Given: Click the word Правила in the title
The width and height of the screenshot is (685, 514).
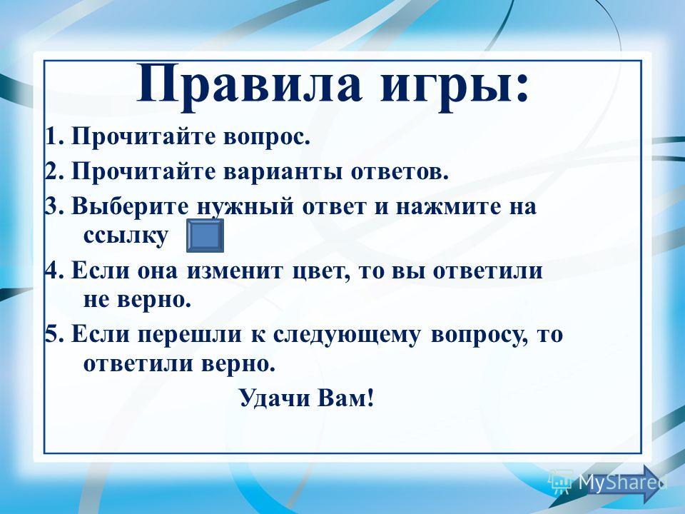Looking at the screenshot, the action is click(249, 85).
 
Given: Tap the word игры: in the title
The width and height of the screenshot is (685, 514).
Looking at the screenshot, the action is click(455, 87).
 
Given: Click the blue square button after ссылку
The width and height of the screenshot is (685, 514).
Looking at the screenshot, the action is click(205, 236).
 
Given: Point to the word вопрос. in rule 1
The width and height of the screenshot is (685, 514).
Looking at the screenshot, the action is click(266, 138).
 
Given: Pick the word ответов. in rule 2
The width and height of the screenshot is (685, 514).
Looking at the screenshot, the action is click(400, 172).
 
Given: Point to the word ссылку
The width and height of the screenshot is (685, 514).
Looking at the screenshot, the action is click(126, 236).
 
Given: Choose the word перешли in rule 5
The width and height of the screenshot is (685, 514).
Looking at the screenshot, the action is click(190, 336).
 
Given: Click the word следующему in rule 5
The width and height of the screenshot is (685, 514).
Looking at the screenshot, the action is click(347, 336).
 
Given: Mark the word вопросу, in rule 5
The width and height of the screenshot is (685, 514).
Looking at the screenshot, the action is click(478, 336).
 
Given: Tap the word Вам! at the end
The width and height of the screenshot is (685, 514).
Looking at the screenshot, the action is click(346, 398).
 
